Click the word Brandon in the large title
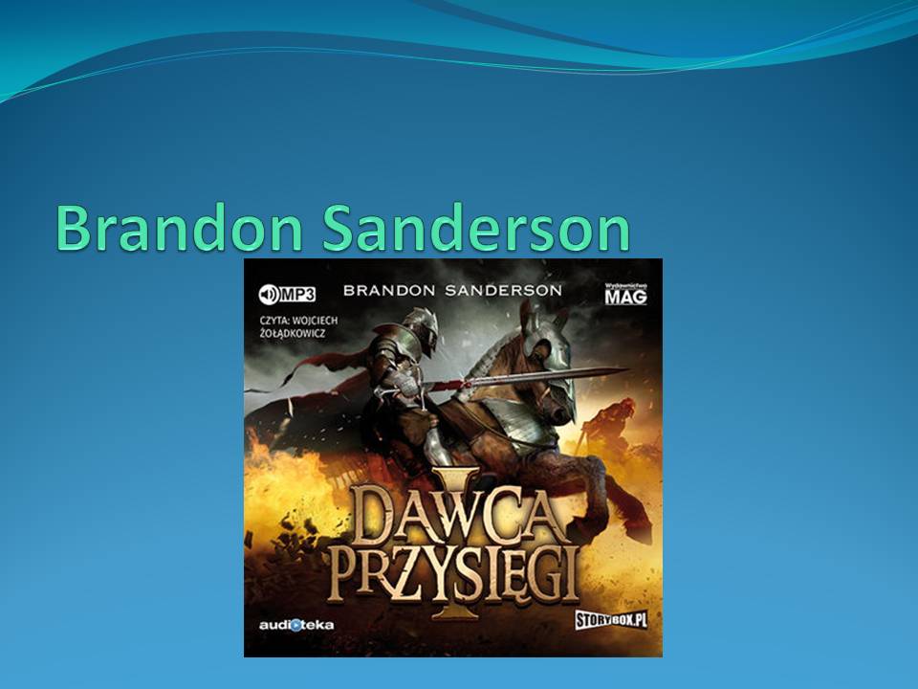179,228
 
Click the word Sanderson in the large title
475,228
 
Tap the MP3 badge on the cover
287,294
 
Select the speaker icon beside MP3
269,295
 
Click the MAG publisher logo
625,294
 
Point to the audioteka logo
296,625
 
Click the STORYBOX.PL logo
611,620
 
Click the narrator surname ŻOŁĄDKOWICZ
293,333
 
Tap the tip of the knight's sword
629,369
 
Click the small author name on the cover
452,290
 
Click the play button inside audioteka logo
296,625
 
